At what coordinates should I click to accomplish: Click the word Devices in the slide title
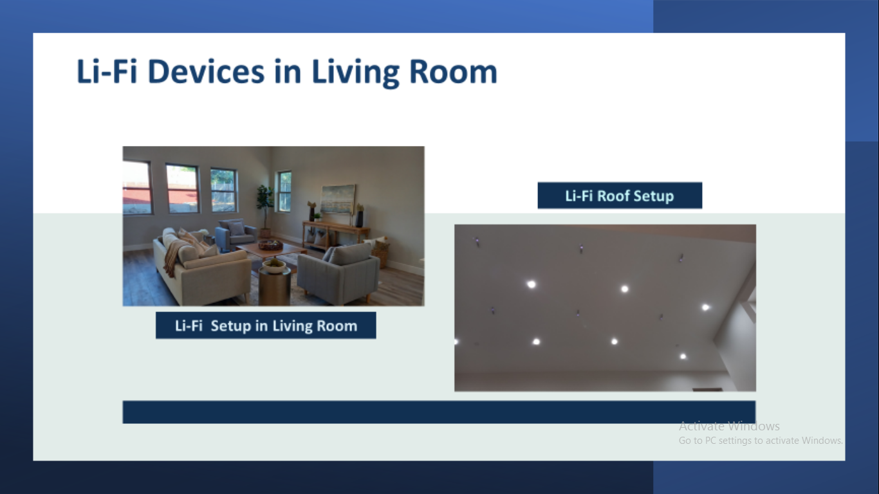206,72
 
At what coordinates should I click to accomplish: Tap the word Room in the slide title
453,72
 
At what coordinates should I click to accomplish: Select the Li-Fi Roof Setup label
620,196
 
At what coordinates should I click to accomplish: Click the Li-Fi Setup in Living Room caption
266,325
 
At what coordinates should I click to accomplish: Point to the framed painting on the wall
337,199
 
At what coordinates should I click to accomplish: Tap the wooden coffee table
271,252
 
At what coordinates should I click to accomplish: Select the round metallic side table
275,283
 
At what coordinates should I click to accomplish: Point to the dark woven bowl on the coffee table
270,246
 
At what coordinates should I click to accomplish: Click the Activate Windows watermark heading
729,426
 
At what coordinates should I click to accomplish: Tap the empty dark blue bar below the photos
439,412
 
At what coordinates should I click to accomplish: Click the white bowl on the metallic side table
274,266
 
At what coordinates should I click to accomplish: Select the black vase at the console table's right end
360,218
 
